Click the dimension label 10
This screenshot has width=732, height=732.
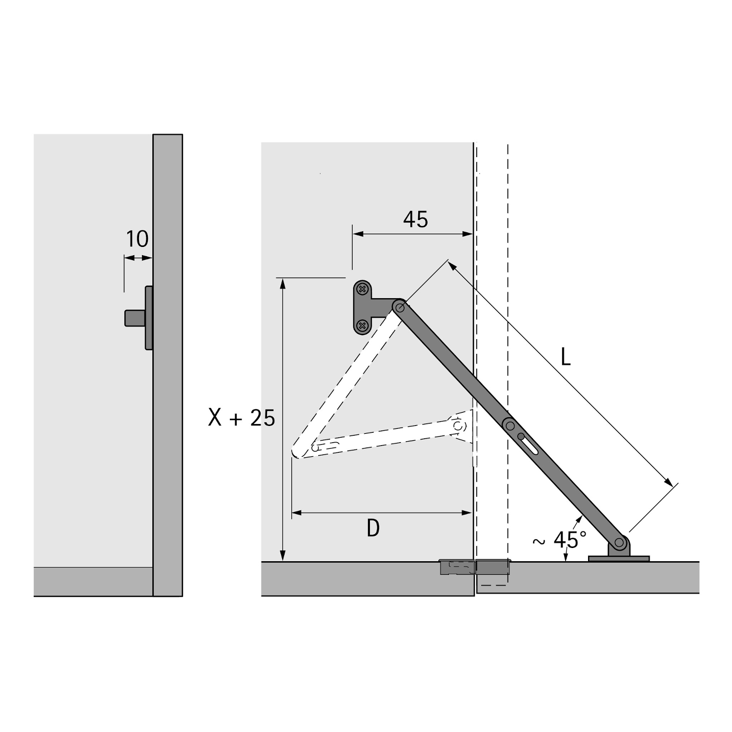pyautogui.click(x=137, y=239)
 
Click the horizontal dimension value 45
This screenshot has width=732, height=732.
pyautogui.click(x=415, y=219)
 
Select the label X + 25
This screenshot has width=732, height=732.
pyautogui.click(x=242, y=418)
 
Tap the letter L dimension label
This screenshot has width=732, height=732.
pyautogui.click(x=566, y=357)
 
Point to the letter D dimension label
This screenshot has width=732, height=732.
pyautogui.click(x=373, y=528)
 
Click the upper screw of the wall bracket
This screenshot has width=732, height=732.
pyautogui.click(x=362, y=289)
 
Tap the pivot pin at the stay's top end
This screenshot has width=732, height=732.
pyautogui.click(x=400, y=307)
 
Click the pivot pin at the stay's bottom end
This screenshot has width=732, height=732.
pyautogui.click(x=619, y=542)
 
